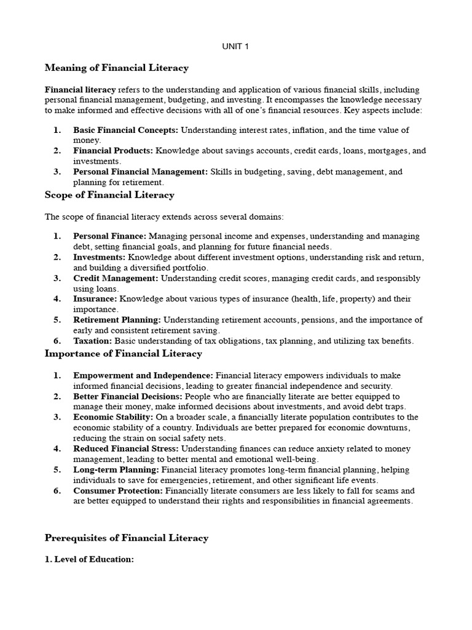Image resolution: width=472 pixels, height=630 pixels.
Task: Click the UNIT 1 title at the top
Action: pos(235,46)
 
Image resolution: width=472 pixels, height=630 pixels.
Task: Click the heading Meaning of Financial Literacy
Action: pos(117,68)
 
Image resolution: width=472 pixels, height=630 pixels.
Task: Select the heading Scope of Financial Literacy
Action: pos(109,195)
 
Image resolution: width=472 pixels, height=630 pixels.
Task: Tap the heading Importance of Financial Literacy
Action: pos(123,353)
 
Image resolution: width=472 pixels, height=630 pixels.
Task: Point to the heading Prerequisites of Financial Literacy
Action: pos(127,538)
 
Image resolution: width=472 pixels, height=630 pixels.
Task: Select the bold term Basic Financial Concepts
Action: pos(125,130)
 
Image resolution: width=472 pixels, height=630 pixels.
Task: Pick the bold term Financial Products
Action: pos(113,151)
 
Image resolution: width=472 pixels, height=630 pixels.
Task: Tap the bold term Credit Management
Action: pos(116,278)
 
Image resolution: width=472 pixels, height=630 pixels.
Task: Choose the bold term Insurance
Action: pos(95,299)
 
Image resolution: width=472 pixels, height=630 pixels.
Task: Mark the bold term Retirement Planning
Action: pos(117,320)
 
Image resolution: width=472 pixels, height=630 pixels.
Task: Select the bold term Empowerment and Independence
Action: pos(143,375)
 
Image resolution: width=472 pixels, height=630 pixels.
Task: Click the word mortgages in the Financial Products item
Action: pos(379,151)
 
